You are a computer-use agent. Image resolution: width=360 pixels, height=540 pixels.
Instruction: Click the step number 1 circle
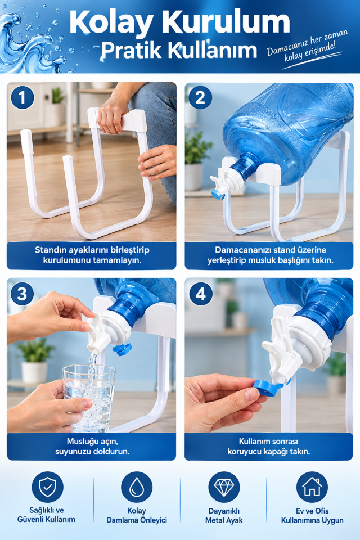coord(22,97)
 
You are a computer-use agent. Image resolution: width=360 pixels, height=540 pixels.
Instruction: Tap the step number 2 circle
coord(200,97)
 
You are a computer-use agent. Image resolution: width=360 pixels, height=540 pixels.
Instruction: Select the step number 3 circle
coord(22,294)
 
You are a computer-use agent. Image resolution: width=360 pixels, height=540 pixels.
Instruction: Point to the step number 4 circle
coord(200,294)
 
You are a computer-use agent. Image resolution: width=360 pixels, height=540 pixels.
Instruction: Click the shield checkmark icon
coord(48,487)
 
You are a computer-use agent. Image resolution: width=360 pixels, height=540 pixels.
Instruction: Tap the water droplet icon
coord(137,487)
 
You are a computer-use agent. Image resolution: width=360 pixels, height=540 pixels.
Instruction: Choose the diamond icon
coord(224,487)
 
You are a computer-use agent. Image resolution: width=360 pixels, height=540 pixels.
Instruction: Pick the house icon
coord(312,487)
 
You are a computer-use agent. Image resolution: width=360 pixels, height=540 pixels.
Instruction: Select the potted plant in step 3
coord(34,360)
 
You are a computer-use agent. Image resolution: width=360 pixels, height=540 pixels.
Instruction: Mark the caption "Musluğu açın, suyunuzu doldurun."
coord(92,446)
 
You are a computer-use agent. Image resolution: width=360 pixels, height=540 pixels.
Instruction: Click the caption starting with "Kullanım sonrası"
coord(269,446)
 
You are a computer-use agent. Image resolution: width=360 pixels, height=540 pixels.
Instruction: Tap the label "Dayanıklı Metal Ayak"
coord(224,516)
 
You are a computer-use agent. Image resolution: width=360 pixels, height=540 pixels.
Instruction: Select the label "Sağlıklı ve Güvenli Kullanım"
coord(47,515)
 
